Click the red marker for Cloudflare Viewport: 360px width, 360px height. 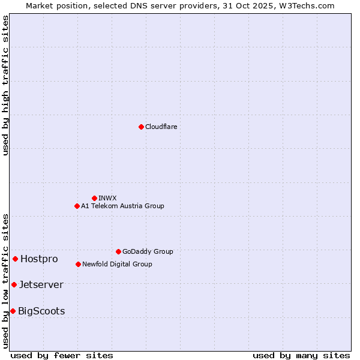(x=141, y=127)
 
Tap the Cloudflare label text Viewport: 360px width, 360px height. (x=161, y=127)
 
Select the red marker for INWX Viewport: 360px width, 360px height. (x=94, y=198)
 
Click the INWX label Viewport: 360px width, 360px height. (x=107, y=198)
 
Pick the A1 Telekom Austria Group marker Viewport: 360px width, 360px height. (x=77, y=206)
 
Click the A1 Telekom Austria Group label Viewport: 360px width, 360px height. (x=122, y=206)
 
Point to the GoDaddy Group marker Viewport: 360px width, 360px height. (x=118, y=251)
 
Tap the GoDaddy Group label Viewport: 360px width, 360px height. (x=148, y=251)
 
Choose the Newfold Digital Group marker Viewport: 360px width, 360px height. (x=78, y=264)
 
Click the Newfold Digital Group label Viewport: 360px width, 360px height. (x=117, y=264)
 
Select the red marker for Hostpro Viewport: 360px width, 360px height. (x=15, y=259)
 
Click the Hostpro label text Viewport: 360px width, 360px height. (x=39, y=259)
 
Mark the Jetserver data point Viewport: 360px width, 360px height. (x=14, y=284)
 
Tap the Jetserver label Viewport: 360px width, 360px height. (x=41, y=284)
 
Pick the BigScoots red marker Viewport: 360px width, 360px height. (x=13, y=311)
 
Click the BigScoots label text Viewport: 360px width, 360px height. (x=41, y=311)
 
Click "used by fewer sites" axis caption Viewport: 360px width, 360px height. (x=62, y=355)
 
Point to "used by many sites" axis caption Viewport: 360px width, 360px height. (x=301, y=355)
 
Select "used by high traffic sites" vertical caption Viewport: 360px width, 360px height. (x=5, y=85)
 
